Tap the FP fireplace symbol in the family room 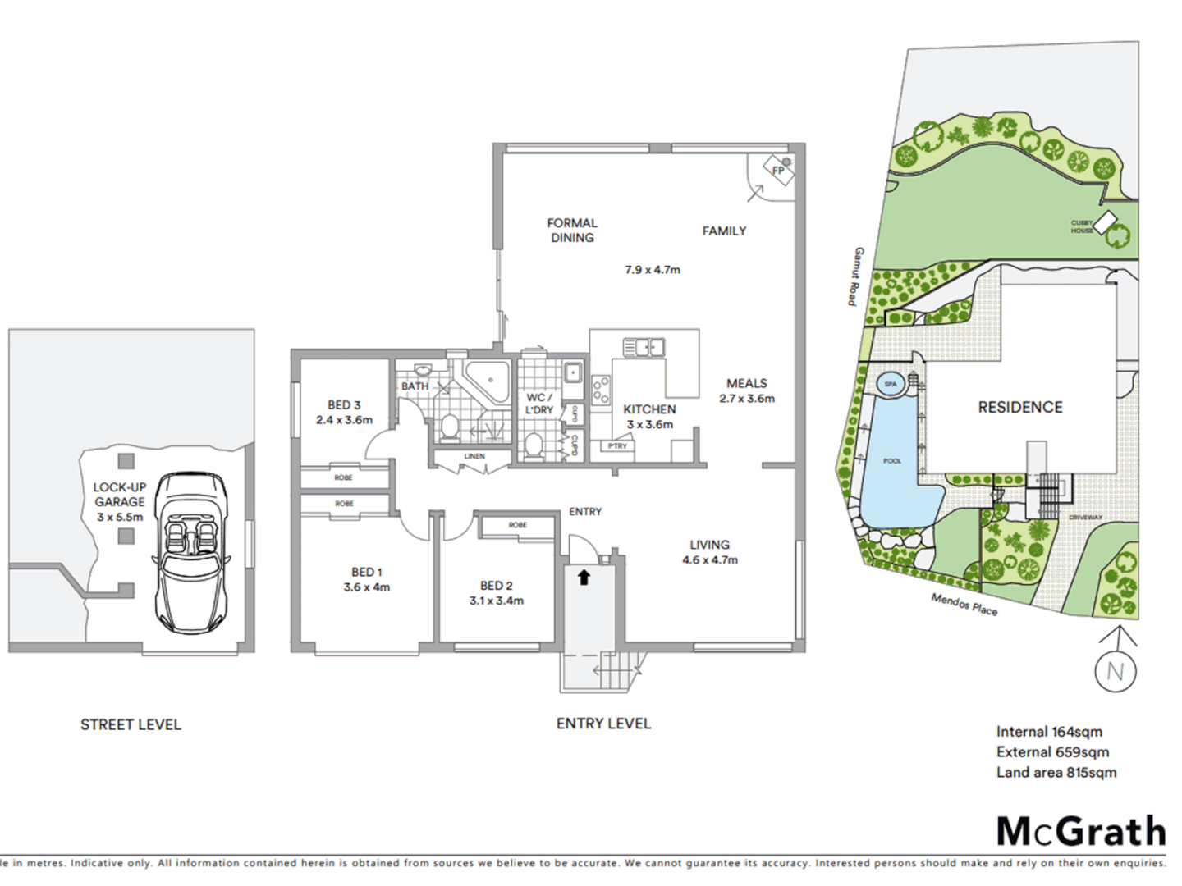[x=778, y=171]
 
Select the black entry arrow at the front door [x=584, y=578]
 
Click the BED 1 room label [x=366, y=572]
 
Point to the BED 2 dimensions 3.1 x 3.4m [x=497, y=601]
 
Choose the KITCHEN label [x=649, y=409]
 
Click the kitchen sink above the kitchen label [x=643, y=348]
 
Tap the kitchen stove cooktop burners [x=601, y=390]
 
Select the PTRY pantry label [x=617, y=446]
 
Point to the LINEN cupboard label [x=474, y=456]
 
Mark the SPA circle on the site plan [x=891, y=384]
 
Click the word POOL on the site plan [x=892, y=461]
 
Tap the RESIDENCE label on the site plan [x=1019, y=407]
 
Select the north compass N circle [x=1116, y=671]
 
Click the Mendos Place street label [x=964, y=605]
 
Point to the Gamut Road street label [x=855, y=276]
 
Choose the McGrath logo [x=1080, y=831]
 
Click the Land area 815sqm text [x=1056, y=772]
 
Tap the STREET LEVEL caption [x=131, y=724]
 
